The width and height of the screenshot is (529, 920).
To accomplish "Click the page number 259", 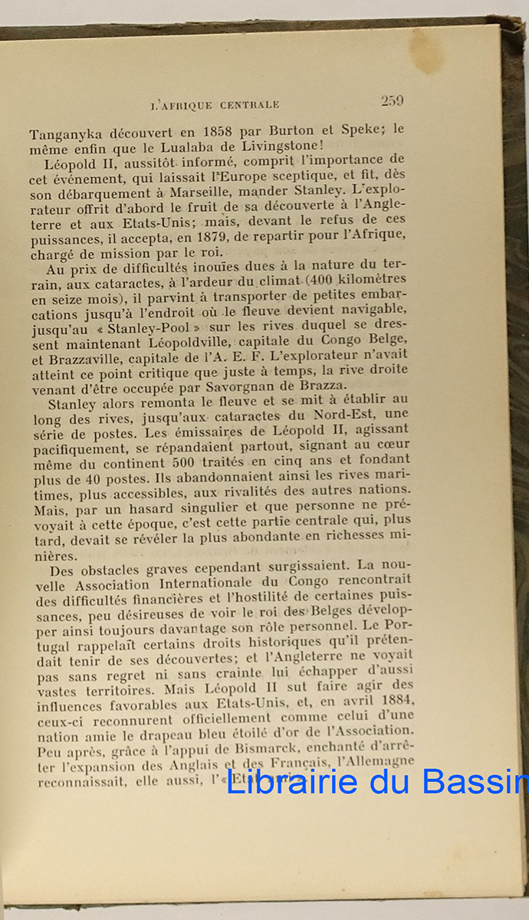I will pyautogui.click(x=392, y=100).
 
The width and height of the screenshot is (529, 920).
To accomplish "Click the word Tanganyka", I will pyautogui.click(x=67, y=131).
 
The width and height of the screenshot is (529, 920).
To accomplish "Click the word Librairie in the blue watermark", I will pyautogui.click(x=294, y=782).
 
